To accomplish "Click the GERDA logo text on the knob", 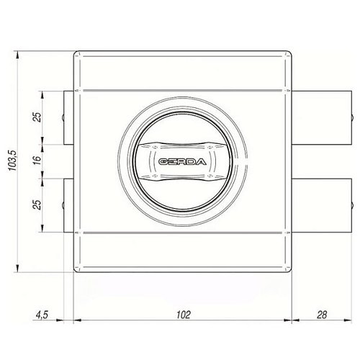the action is point(182,162).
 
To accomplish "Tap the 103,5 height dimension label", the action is point(12,161).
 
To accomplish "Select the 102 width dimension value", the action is point(184,315).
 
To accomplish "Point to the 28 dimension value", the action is point(322,315).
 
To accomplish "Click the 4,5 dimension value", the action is point(42,315).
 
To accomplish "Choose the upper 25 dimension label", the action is point(37,117).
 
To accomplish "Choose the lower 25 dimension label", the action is point(37,204).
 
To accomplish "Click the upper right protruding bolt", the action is point(322,117).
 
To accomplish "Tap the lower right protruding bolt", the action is point(322,205).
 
